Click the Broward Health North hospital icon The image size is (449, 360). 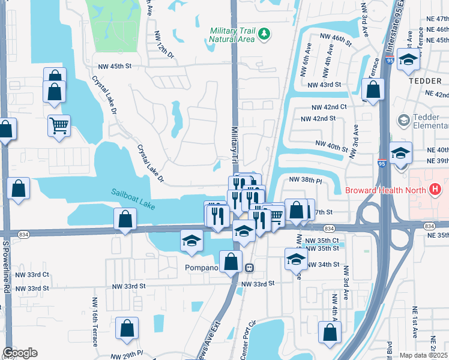pyautogui.click(x=436, y=191)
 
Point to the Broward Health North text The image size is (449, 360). pyautogui.click(x=387, y=191)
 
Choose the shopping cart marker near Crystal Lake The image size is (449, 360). pyautogui.click(x=59, y=126)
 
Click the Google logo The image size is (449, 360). pyautogui.click(x=20, y=353)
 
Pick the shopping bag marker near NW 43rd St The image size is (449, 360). pyautogui.click(x=373, y=91)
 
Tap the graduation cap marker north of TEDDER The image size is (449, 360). pyautogui.click(x=408, y=60)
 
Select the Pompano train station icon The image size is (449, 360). pyautogui.click(x=249, y=268)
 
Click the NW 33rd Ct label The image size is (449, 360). pyautogui.click(x=33, y=274)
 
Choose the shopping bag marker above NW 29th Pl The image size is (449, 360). pyautogui.click(x=127, y=328)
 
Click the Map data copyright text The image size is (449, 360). pyautogui.click(x=424, y=355)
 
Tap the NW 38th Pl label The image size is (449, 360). pyautogui.click(x=306, y=179)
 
